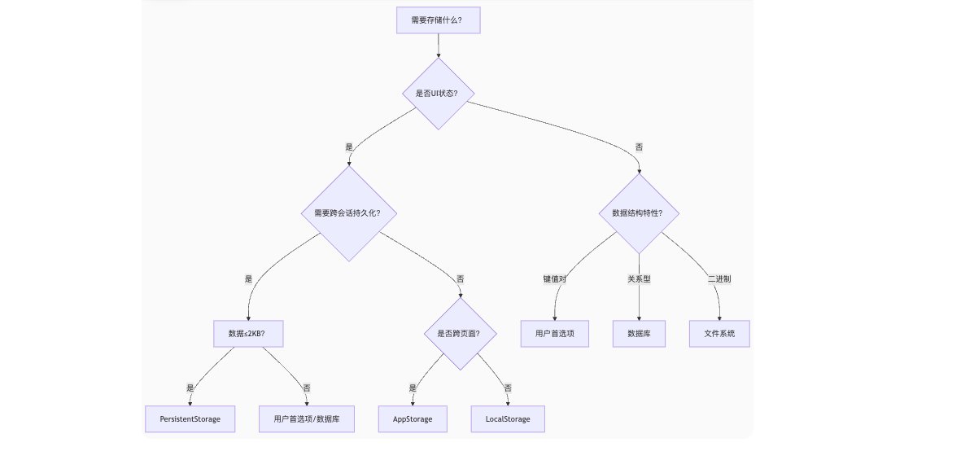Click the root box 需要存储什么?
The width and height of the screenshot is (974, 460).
[x=438, y=20]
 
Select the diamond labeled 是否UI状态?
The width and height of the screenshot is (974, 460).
[x=438, y=93]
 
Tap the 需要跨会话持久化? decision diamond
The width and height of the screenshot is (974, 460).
[x=348, y=213]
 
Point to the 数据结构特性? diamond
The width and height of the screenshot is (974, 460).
[x=639, y=213]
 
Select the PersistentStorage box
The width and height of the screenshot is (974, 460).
[x=190, y=418]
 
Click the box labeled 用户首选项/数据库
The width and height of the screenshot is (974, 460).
[x=307, y=418]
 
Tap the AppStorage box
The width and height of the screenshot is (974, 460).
[x=413, y=418]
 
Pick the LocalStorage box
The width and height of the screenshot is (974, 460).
[x=508, y=418]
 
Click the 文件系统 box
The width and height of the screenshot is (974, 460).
[x=719, y=333]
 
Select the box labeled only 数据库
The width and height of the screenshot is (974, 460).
[x=639, y=333]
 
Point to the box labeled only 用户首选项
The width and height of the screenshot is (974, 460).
[x=555, y=333]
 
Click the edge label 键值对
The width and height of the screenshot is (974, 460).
[x=555, y=278]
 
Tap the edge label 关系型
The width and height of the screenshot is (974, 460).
[x=639, y=278]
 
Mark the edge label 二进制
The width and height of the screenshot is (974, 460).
[x=719, y=278]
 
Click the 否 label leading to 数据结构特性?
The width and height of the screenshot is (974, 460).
[x=639, y=147]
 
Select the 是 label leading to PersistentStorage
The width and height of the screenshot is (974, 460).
[x=190, y=388]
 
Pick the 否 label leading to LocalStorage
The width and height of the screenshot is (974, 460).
[x=508, y=388]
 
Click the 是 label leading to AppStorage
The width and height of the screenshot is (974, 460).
[x=413, y=388]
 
